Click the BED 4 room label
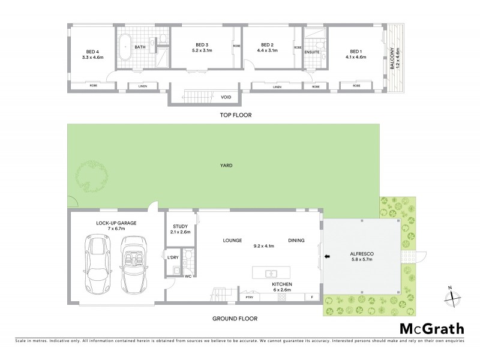93,51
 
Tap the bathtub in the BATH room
125,47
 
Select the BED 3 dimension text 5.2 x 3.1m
202,51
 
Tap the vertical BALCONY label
392,60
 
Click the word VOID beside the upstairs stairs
226,97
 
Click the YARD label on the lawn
225,165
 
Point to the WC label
188,276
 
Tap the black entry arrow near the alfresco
326,257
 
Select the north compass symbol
453,296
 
